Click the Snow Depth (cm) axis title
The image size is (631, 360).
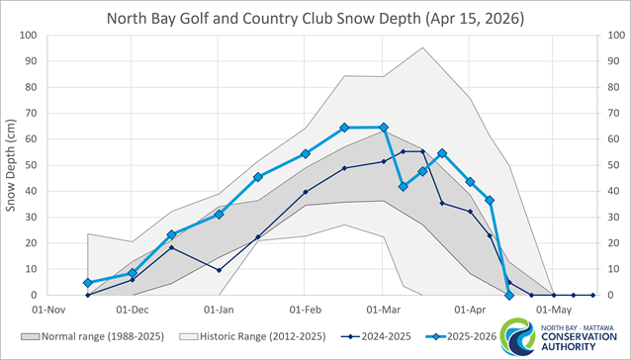click(13, 165)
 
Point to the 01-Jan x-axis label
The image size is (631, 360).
click(220, 308)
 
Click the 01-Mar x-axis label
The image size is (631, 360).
click(383, 308)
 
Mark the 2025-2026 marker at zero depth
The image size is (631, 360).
click(509, 295)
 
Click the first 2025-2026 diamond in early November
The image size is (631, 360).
click(88, 282)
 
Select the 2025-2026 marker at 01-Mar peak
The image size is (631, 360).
click(384, 128)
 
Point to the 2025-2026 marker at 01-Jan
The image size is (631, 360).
click(220, 214)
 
